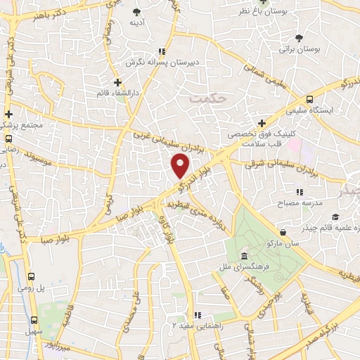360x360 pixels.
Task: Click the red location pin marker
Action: coord(181,165)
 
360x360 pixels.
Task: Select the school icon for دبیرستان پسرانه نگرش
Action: coord(162,51)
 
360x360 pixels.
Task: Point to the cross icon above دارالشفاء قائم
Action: coord(117,82)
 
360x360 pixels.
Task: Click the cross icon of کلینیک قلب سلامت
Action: coord(262,122)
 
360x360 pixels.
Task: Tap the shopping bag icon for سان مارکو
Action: coord(282,233)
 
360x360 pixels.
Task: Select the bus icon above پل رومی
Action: coord(32,277)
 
